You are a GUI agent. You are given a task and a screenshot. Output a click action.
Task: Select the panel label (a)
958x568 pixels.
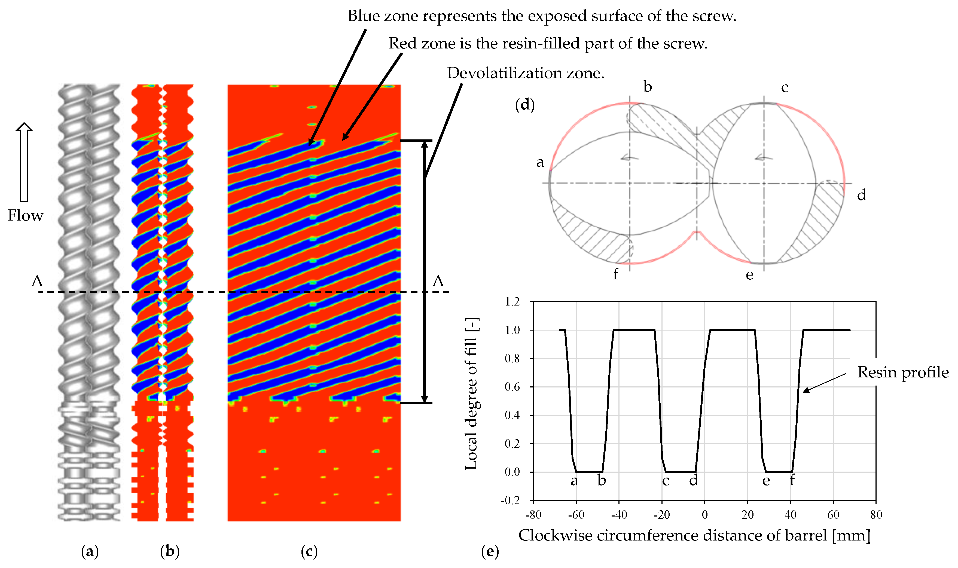pyautogui.click(x=90, y=552)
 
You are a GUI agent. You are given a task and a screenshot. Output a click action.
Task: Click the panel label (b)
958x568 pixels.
pyautogui.click(x=170, y=552)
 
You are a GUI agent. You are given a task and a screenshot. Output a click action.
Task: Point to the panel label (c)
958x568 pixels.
pyautogui.click(x=309, y=552)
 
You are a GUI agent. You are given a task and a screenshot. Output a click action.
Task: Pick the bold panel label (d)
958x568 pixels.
pyautogui.click(x=525, y=105)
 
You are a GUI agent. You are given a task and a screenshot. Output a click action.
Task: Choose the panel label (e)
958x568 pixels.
pyautogui.click(x=490, y=552)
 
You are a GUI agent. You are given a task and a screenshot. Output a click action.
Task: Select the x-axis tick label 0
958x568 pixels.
pyautogui.click(x=705, y=515)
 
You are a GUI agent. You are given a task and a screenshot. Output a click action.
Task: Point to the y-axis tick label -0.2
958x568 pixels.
pyautogui.click(x=510, y=501)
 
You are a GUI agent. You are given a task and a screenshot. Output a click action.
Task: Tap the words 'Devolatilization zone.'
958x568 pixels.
pyautogui.click(x=526, y=73)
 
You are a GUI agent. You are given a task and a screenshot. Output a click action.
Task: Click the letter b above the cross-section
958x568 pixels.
pyautogui.click(x=648, y=87)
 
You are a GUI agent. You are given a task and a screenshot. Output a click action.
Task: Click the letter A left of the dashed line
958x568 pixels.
pyautogui.click(x=37, y=281)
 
